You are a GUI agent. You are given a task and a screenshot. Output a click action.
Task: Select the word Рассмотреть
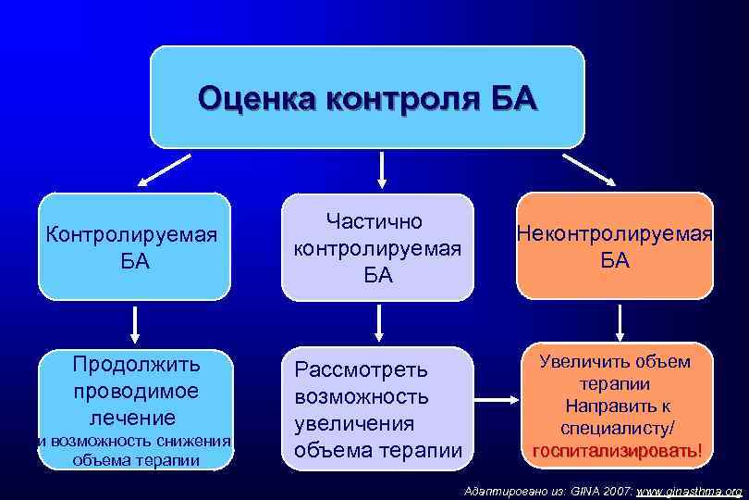(362, 369)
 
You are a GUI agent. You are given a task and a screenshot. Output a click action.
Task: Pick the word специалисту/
(616, 428)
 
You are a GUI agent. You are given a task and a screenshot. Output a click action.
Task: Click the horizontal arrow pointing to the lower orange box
(497, 400)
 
